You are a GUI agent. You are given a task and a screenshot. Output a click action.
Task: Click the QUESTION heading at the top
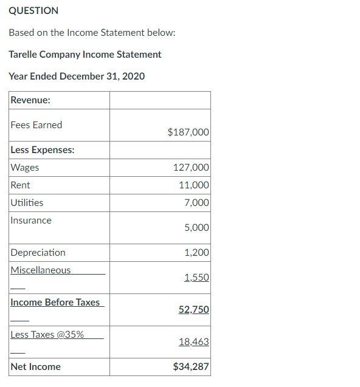coord(33,10)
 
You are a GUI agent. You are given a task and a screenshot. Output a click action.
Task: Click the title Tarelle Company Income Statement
coord(85,54)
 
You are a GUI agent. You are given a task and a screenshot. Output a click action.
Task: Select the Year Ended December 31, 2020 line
coord(77,76)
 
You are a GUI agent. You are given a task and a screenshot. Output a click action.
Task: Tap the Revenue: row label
coord(30,100)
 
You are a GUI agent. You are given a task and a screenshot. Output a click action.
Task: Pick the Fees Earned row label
coord(36,125)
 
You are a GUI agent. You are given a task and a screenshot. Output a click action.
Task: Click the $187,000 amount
coord(188,132)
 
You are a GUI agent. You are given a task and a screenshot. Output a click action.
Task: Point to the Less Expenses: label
coord(43,149)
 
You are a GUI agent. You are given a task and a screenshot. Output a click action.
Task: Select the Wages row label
coord(25,167)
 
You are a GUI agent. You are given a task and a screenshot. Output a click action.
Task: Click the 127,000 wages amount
coord(191,167)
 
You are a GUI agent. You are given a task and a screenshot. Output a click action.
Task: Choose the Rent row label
coord(20,185)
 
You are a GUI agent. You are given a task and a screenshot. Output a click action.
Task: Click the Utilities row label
coord(27,202)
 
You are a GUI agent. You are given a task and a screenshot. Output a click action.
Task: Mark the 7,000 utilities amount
coord(196,202)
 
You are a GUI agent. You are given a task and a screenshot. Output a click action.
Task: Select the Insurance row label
coord(31,220)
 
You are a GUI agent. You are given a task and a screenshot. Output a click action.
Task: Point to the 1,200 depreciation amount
coord(196,252)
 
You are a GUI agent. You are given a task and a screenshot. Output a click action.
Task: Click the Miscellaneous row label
coord(40,270)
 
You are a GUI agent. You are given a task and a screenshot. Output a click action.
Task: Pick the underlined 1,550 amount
coord(196,277)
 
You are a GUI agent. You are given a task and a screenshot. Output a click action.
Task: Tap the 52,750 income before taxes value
coord(193,309)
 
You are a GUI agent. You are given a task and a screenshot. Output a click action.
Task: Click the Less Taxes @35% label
coord(47,334)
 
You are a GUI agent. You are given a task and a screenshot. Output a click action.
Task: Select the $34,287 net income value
coord(191,366)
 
